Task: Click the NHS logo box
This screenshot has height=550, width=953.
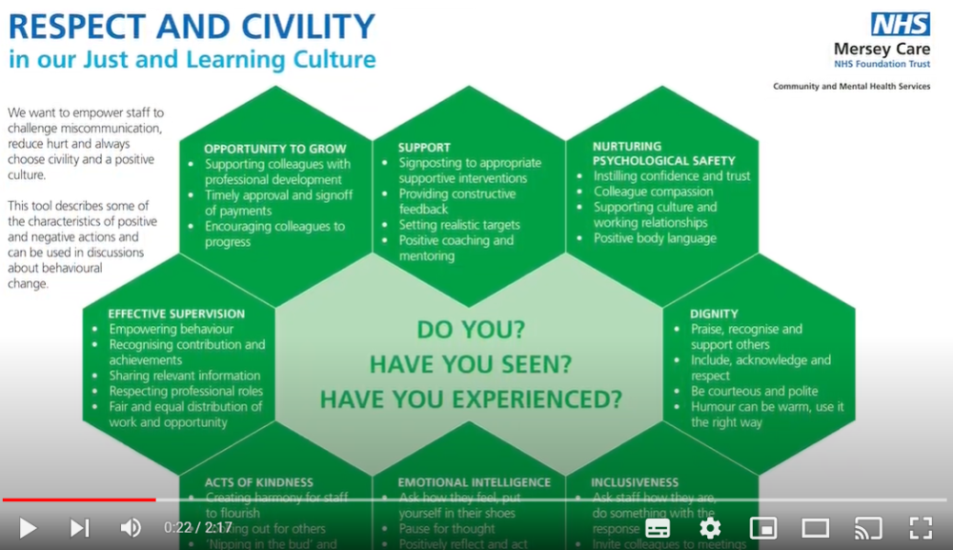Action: point(900,24)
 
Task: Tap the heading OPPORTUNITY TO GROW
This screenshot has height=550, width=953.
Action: point(275,149)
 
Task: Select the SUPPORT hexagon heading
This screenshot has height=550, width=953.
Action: point(424,148)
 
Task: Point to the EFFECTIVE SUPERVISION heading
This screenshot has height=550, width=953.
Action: point(176,314)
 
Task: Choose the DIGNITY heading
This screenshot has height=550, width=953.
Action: point(714,314)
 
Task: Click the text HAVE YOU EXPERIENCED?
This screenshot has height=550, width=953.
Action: point(471,397)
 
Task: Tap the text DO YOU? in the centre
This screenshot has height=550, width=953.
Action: point(471,331)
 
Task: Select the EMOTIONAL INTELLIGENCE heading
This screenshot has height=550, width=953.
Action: point(475,482)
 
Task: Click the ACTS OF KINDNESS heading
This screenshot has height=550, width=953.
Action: point(258,482)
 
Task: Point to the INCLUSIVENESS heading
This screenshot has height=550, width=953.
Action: point(635,482)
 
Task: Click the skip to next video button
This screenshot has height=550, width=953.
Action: point(80,527)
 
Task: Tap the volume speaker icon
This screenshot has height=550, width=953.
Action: point(131,527)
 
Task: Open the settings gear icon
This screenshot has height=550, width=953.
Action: point(710,527)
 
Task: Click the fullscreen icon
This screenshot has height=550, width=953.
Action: point(920,527)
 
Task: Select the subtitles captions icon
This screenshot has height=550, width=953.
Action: point(658,527)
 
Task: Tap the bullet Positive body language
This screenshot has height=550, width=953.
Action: point(655,238)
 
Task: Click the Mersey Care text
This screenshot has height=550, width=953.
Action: point(882,49)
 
